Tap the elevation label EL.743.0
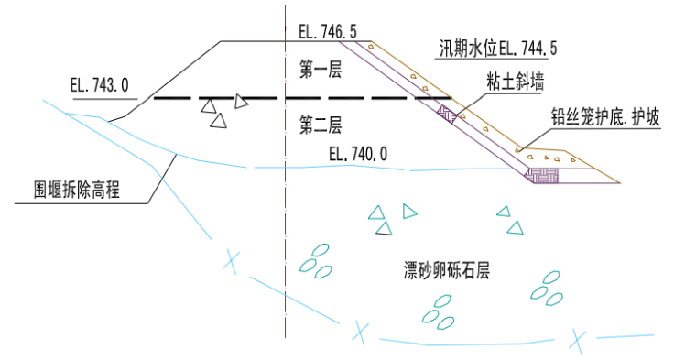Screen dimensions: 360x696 pos(99,85)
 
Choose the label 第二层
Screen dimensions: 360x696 pos(320,124)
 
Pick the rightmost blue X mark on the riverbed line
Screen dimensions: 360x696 pos(577,340)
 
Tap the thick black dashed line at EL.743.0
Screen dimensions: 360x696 pos(302,97)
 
